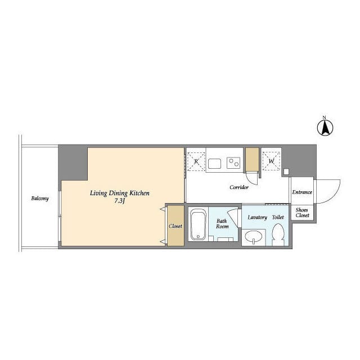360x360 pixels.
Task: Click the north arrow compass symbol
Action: pyautogui.click(x=325, y=128)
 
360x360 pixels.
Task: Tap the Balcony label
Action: pyautogui.click(x=40, y=198)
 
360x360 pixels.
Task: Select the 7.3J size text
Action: pyautogui.click(x=119, y=201)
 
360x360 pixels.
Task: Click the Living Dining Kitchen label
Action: pyautogui.click(x=120, y=193)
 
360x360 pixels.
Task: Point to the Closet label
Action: pyautogui.click(x=175, y=226)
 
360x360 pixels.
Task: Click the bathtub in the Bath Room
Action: pyautogui.click(x=198, y=224)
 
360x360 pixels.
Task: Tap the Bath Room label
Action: pyautogui.click(x=222, y=224)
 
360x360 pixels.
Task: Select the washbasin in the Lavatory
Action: pyautogui.click(x=253, y=236)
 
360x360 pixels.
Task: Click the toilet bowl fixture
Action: pyautogui.click(x=277, y=234)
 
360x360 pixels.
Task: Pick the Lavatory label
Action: pyautogui.click(x=258, y=217)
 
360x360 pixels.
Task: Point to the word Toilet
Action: pyautogui.click(x=278, y=217)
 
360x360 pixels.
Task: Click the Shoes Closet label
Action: pyautogui.click(x=302, y=213)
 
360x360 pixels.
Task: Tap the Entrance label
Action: pyautogui.click(x=302, y=192)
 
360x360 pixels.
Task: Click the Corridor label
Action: pyautogui.click(x=239, y=187)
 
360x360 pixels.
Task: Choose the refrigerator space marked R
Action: pyautogui.click(x=196, y=161)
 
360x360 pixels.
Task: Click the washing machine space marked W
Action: pyautogui.click(x=271, y=161)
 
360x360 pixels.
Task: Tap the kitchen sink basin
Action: pyautogui.click(x=215, y=164)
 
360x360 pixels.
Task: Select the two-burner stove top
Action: pyautogui.click(x=233, y=163)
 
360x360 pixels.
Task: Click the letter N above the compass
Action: pyautogui.click(x=324, y=118)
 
